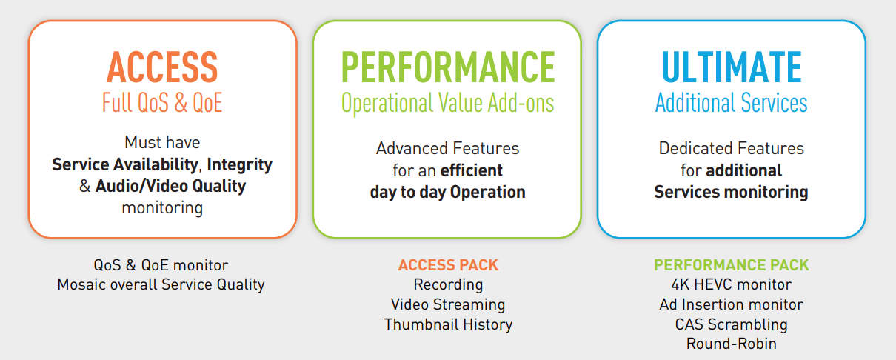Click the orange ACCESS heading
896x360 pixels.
[162, 67]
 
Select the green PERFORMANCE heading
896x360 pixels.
[448, 67]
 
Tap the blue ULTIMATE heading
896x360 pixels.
[732, 67]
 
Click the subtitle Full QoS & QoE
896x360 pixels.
[162, 102]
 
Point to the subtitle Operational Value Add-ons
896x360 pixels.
[447, 103]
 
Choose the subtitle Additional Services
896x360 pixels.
[731, 102]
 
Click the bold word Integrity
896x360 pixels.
[240, 164]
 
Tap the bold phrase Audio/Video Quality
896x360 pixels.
[170, 186]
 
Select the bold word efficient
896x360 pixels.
[472, 170]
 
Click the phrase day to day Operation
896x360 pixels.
[447, 193]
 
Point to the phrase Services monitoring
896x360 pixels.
[731, 193]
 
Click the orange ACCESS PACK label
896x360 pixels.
[448, 264]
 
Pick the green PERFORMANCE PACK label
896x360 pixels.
[731, 264]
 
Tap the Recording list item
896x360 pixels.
[448, 284]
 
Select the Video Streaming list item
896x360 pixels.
[448, 304]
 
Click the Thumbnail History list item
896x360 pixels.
[448, 324]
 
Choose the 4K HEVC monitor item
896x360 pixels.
[731, 284]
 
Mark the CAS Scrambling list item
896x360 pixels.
[731, 324]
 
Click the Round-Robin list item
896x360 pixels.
[731, 344]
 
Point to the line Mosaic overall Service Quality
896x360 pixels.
[161, 284]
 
